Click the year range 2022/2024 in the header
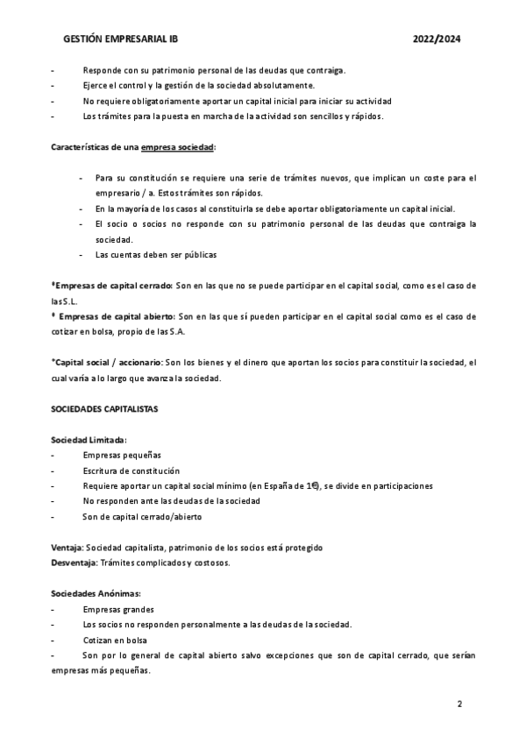click(x=437, y=39)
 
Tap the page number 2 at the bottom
click(x=458, y=704)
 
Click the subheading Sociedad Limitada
click(x=89, y=440)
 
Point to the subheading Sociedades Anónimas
click(x=96, y=593)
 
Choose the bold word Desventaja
click(x=75, y=562)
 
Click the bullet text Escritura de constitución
click(x=131, y=471)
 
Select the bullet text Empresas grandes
click(x=118, y=609)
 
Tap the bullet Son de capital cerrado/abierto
click(x=142, y=516)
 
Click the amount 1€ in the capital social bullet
click(x=309, y=485)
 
